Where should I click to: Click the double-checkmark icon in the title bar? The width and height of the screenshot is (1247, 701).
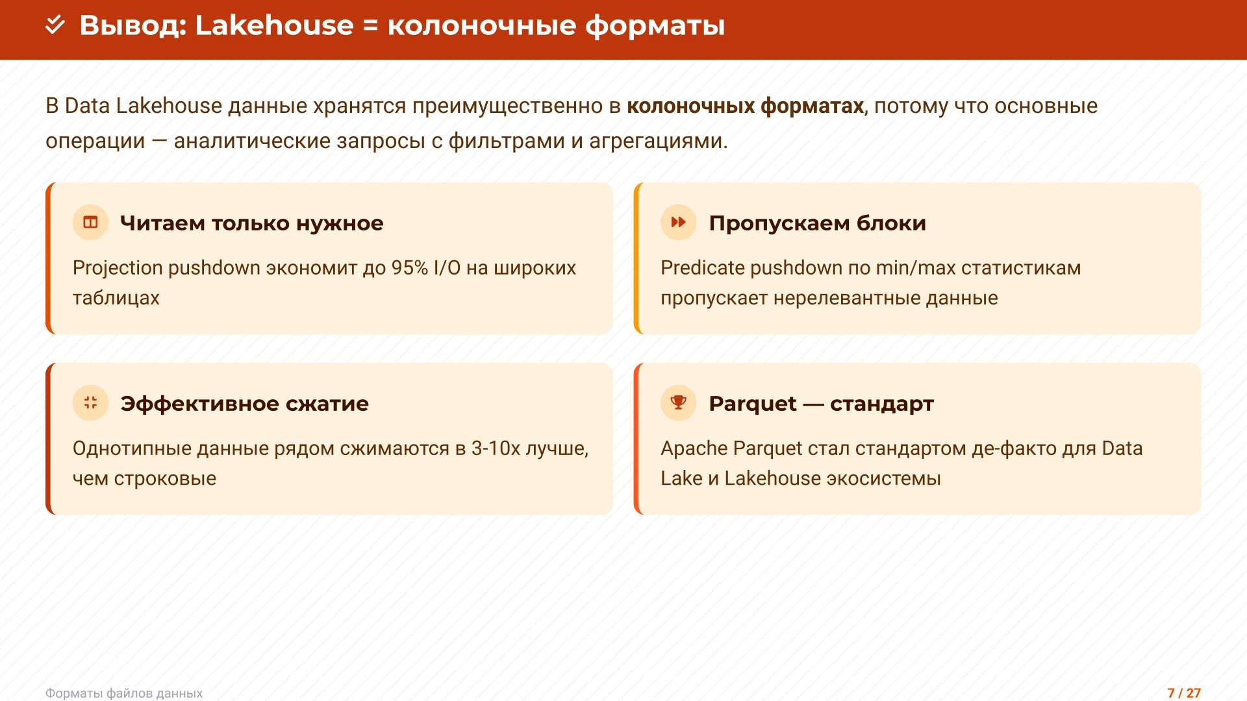pyautogui.click(x=55, y=25)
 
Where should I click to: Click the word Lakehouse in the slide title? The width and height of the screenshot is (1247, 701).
pyautogui.click(x=274, y=25)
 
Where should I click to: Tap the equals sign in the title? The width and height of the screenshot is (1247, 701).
pyautogui.click(x=370, y=26)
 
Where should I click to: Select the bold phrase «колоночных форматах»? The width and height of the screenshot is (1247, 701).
pyautogui.click(x=745, y=106)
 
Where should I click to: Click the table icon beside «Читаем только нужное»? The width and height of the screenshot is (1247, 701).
pyautogui.click(x=90, y=223)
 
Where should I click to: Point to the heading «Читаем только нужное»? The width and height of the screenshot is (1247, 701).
pyautogui.click(x=251, y=223)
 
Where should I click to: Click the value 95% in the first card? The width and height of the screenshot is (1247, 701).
pyautogui.click(x=409, y=268)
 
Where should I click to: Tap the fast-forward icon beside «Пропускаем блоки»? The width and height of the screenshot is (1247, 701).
pyautogui.click(x=678, y=223)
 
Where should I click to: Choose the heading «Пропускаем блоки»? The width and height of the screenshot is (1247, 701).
pyautogui.click(x=817, y=223)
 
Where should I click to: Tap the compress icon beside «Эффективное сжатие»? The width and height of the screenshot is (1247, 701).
pyautogui.click(x=90, y=403)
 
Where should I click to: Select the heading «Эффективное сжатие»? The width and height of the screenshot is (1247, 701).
pyautogui.click(x=244, y=404)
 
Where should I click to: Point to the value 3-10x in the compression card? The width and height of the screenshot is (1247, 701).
pyautogui.click(x=496, y=449)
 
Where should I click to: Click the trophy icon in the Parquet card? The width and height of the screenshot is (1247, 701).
pyautogui.click(x=678, y=403)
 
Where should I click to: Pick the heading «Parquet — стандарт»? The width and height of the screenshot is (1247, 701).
pyautogui.click(x=821, y=404)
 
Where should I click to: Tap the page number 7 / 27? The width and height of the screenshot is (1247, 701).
pyautogui.click(x=1184, y=693)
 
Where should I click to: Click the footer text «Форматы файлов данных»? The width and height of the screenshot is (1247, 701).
pyautogui.click(x=124, y=693)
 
